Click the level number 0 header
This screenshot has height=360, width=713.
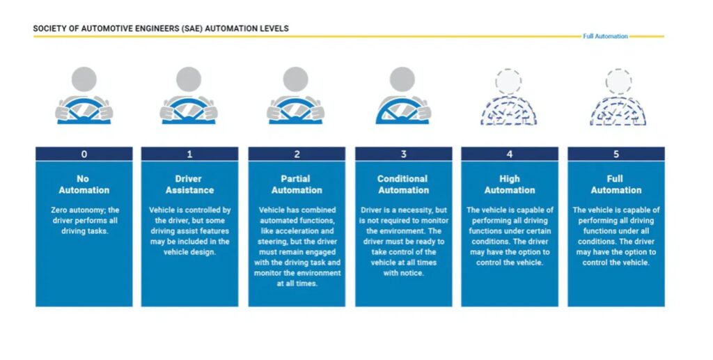tap(84, 154)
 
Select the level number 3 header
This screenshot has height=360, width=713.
tap(404, 154)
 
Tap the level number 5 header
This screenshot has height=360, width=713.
tap(616, 154)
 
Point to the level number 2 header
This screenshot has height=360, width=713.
tap(297, 154)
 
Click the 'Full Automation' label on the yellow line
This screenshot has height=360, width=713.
tap(605, 36)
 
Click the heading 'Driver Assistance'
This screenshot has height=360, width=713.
tap(189, 185)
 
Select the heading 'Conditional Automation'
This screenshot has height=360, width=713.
tap(403, 185)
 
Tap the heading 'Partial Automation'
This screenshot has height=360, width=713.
tap(297, 185)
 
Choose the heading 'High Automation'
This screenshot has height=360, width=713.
tap(510, 185)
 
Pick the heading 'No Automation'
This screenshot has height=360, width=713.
tap(84, 185)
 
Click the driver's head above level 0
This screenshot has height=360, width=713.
tap(84, 79)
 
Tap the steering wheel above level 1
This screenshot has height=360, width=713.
tap(189, 111)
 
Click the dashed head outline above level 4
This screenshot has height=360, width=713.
tap(508, 81)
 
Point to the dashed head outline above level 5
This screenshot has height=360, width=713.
tap(618, 81)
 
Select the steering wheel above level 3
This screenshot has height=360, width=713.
tap(402, 111)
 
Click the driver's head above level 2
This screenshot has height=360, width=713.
tap(295, 79)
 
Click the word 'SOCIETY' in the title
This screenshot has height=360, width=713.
tap(47, 29)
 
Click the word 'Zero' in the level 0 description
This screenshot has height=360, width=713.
tap(59, 210)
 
